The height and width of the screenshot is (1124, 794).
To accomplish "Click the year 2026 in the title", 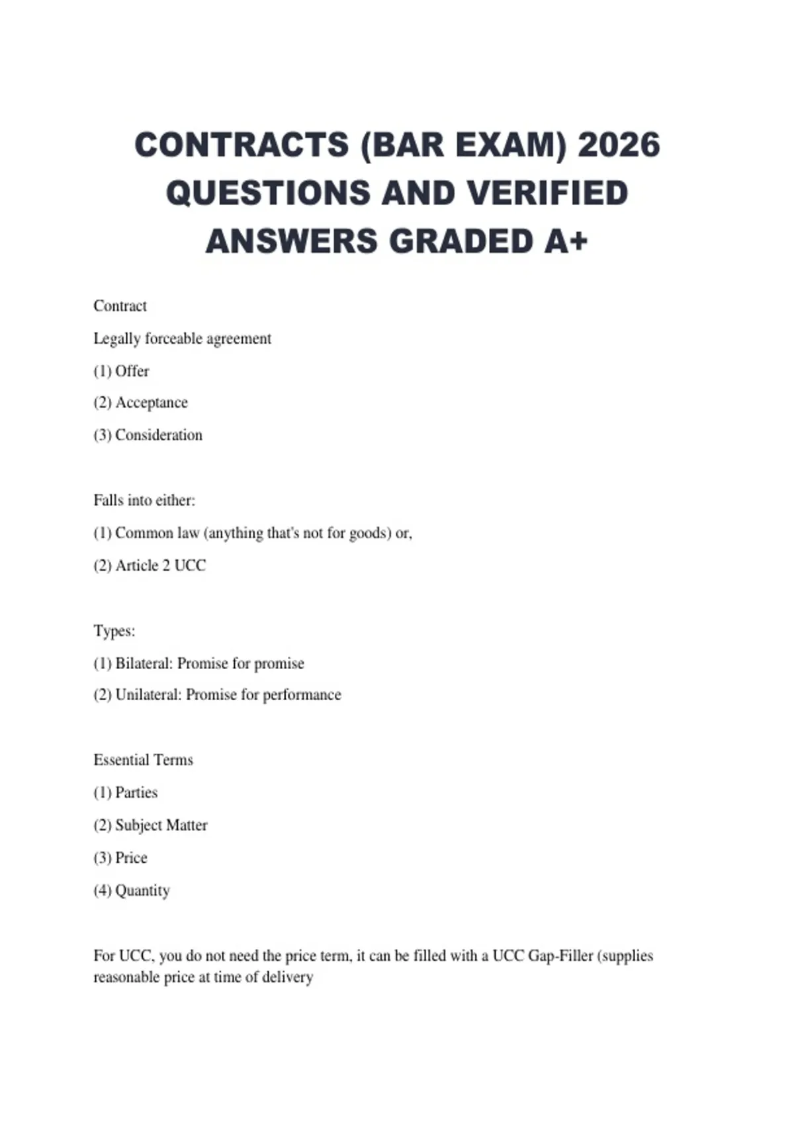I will coord(619,145).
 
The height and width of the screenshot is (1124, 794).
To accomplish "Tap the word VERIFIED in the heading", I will coord(547,193).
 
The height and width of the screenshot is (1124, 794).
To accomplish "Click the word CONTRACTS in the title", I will coord(242,145).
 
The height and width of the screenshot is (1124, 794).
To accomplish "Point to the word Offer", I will coord(132,371).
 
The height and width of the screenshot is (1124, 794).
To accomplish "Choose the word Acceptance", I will coord(152,403).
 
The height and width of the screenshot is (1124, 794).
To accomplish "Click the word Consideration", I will coord(159,435).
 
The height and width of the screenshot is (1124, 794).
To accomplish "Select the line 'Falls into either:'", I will coord(144,501).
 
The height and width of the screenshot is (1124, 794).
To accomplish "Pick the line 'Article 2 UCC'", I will coord(160,565).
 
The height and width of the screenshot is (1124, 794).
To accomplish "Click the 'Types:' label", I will coord(114,631).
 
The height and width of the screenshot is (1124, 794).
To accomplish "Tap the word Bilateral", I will coord(144,663).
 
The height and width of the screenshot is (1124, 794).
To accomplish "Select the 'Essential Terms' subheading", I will coord(143,760).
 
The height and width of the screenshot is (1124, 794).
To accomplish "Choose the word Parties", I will coord(136,792).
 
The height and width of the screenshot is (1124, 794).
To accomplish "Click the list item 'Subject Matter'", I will coord(161,825).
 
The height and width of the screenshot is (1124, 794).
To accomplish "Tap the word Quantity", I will coord(142,891).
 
